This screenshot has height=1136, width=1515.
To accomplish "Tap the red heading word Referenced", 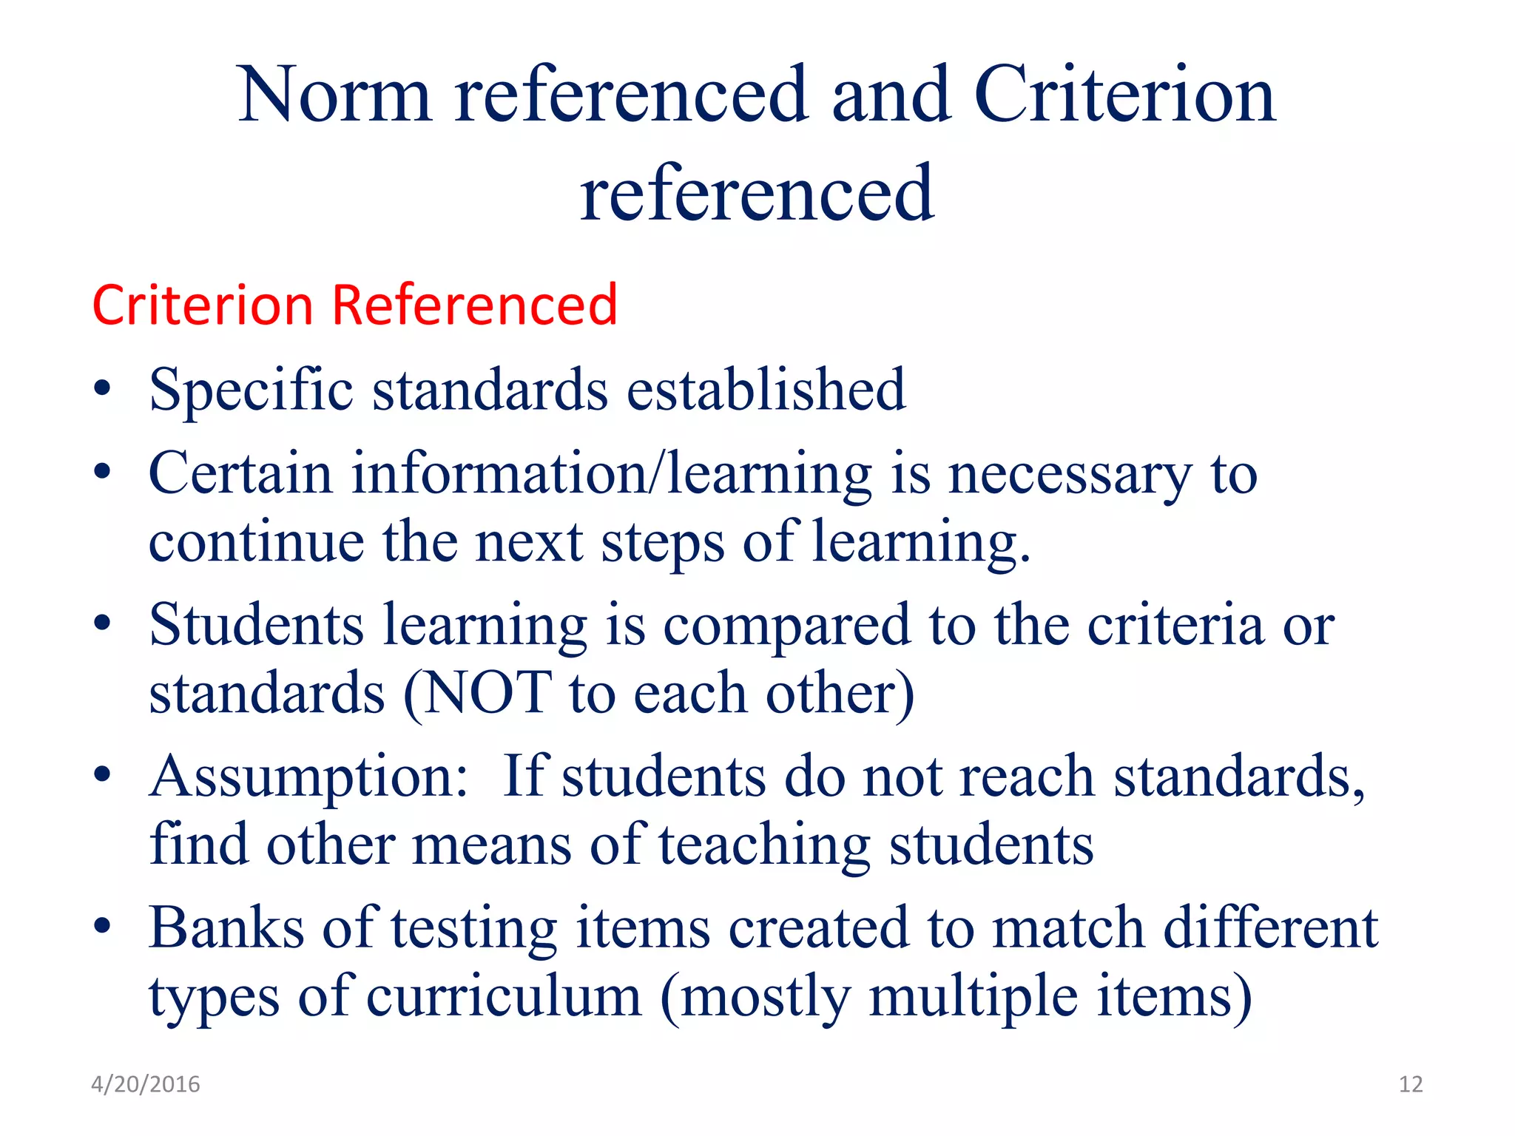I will tap(474, 305).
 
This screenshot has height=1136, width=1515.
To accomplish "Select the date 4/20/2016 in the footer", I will tap(146, 1084).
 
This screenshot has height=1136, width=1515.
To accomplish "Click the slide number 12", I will tap(1411, 1084).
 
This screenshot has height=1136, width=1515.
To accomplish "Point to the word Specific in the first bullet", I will tap(251, 390).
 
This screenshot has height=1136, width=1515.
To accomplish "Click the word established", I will tap(766, 390).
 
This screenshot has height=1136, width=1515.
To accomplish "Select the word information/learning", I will tap(611, 473).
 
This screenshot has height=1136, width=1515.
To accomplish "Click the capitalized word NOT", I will tap(487, 693).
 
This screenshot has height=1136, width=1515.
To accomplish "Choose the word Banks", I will tap(226, 927).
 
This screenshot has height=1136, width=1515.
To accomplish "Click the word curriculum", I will tap(504, 997).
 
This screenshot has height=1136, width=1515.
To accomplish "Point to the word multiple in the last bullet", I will tap(973, 997).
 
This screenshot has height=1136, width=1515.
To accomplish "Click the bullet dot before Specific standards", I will tap(103, 390).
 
